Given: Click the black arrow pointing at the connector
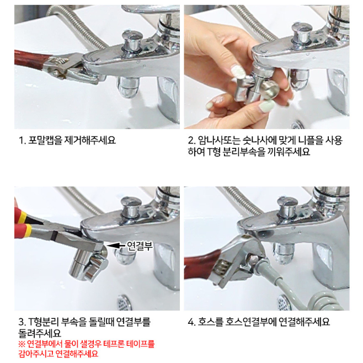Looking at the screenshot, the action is [116, 245].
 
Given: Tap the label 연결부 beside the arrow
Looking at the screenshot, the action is [140, 245].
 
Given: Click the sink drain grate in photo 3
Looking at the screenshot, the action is [124, 302].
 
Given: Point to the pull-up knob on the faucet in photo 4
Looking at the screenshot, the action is [287, 207].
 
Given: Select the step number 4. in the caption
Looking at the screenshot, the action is [191, 322].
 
